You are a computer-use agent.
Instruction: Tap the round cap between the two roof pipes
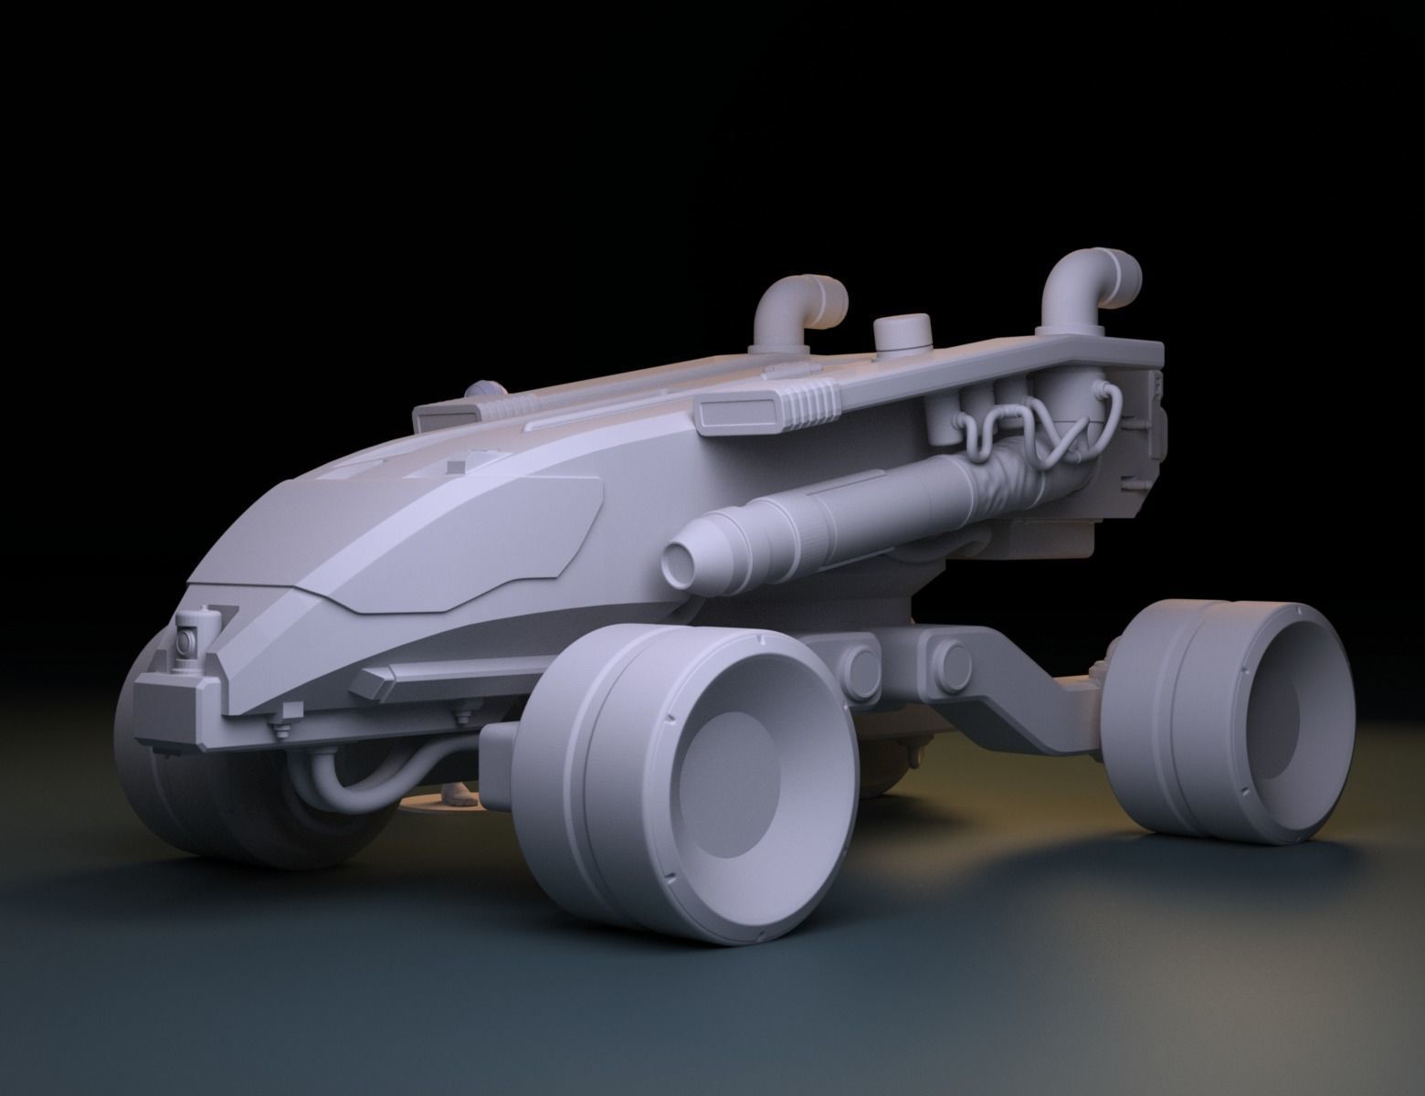(902, 334)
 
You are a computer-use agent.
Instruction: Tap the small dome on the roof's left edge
(484, 389)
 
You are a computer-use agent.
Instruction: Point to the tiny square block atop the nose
(454, 467)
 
